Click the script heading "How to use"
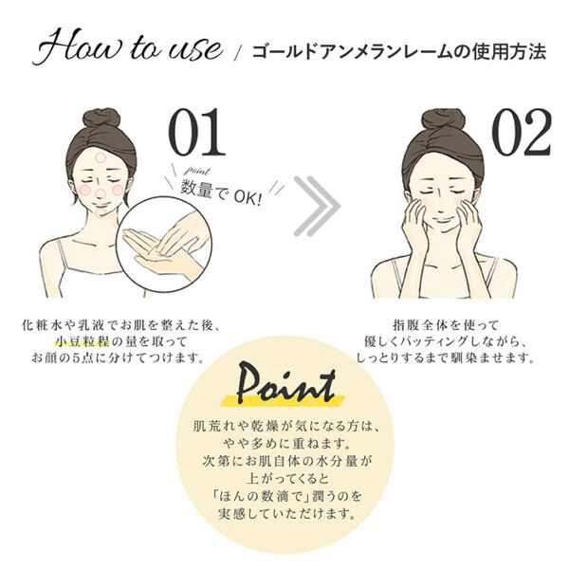click(x=128, y=47)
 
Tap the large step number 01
click(x=197, y=132)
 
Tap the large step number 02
click(x=522, y=132)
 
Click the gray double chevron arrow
click(x=317, y=206)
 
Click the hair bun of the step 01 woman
click(x=101, y=118)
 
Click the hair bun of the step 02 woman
click(x=444, y=119)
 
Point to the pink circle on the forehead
click(x=100, y=157)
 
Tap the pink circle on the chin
click(x=101, y=211)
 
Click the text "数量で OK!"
click(x=221, y=193)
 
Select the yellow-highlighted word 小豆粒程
click(x=83, y=341)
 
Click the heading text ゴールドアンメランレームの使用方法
click(x=399, y=52)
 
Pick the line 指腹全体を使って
click(x=446, y=324)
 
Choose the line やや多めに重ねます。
click(x=285, y=443)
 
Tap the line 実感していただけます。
click(x=285, y=513)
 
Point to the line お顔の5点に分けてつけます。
click(x=117, y=358)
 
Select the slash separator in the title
click(x=238, y=54)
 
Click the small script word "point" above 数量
click(x=196, y=171)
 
